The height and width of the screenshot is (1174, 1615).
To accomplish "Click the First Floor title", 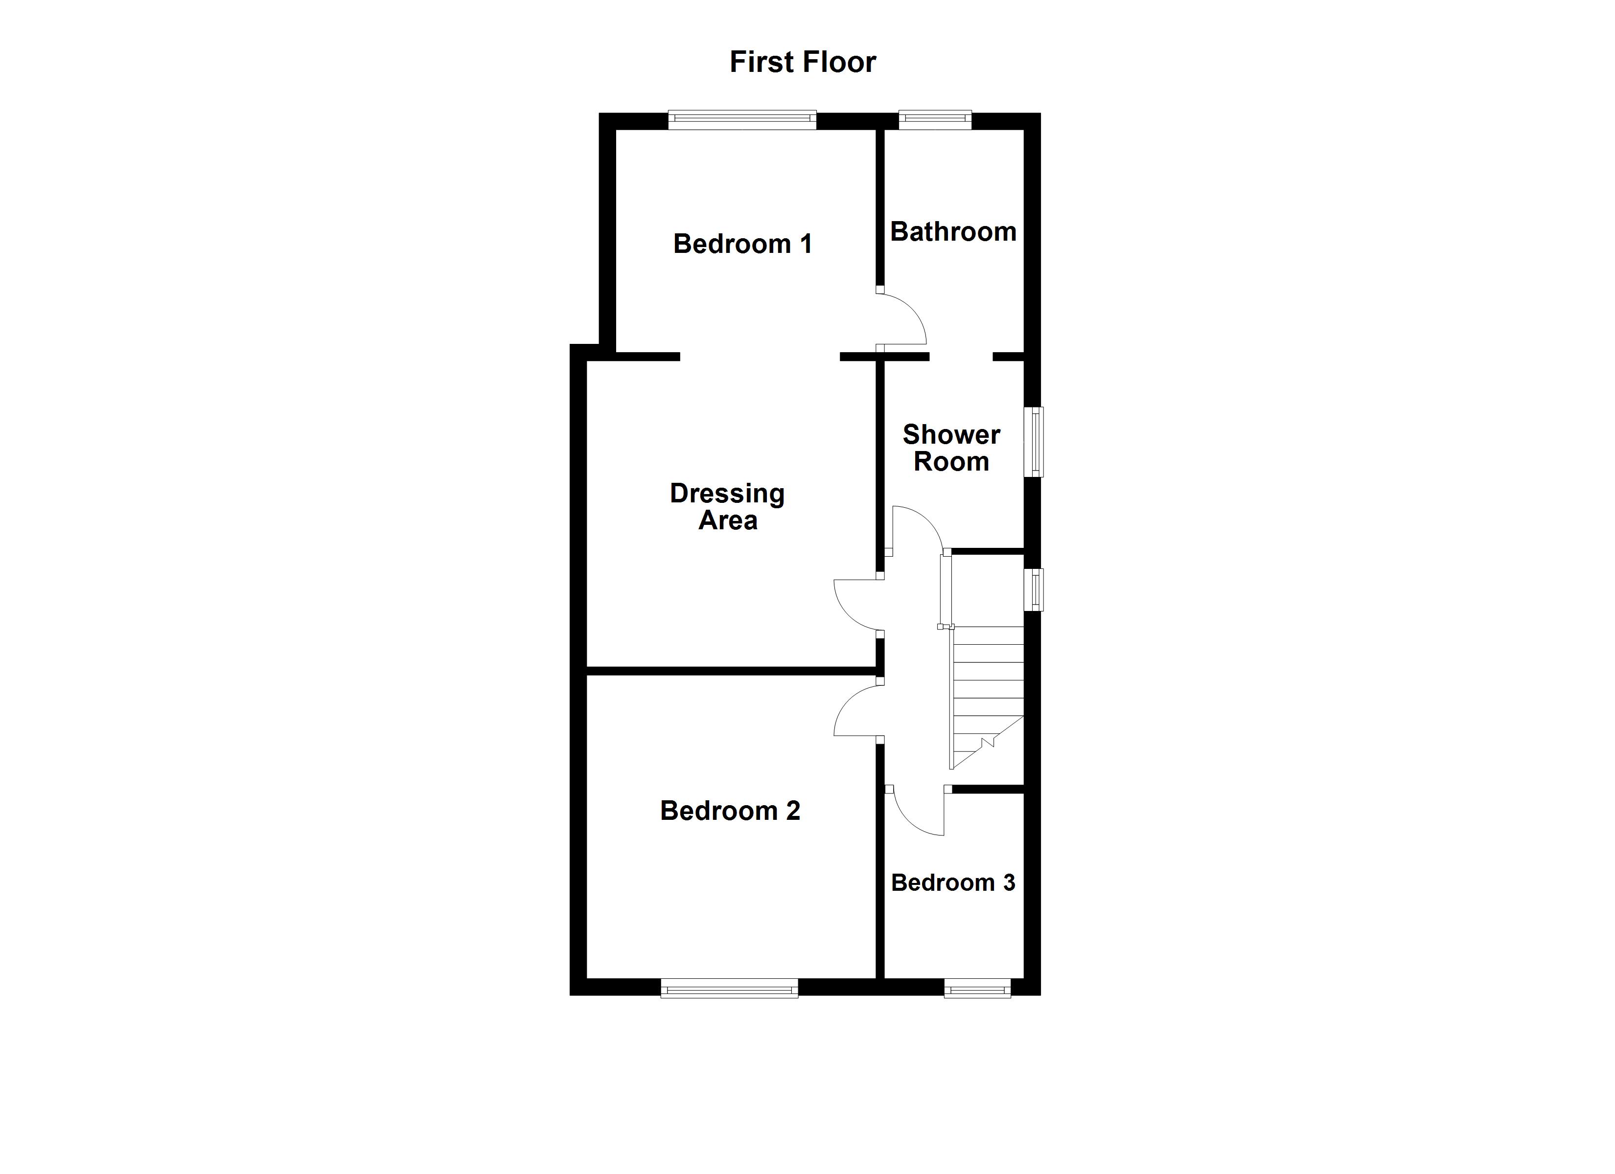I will pyautogui.click(x=803, y=63).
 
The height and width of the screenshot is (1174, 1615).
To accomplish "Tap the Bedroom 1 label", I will pyautogui.click(x=743, y=244).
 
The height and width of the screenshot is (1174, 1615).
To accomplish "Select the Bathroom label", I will pyautogui.click(x=953, y=232).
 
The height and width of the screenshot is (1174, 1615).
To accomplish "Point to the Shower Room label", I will pyautogui.click(x=951, y=448).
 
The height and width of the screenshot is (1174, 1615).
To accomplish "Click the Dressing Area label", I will pyautogui.click(x=727, y=506).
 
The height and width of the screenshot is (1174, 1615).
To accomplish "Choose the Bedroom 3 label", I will pyautogui.click(x=953, y=883).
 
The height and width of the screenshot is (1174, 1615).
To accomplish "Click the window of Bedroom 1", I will pyautogui.click(x=742, y=120).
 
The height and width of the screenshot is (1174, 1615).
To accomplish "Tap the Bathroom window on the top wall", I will pyautogui.click(x=935, y=120).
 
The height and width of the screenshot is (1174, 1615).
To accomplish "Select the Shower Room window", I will pyautogui.click(x=1033, y=441).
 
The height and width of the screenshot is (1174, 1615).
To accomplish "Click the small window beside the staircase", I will pyautogui.click(x=1033, y=589).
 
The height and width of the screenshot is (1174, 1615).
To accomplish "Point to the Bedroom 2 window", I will pyautogui.click(x=729, y=988).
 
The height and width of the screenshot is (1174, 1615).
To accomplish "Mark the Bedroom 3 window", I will pyautogui.click(x=977, y=988).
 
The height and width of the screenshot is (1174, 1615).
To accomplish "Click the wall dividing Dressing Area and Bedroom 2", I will pyautogui.click(x=730, y=671).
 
